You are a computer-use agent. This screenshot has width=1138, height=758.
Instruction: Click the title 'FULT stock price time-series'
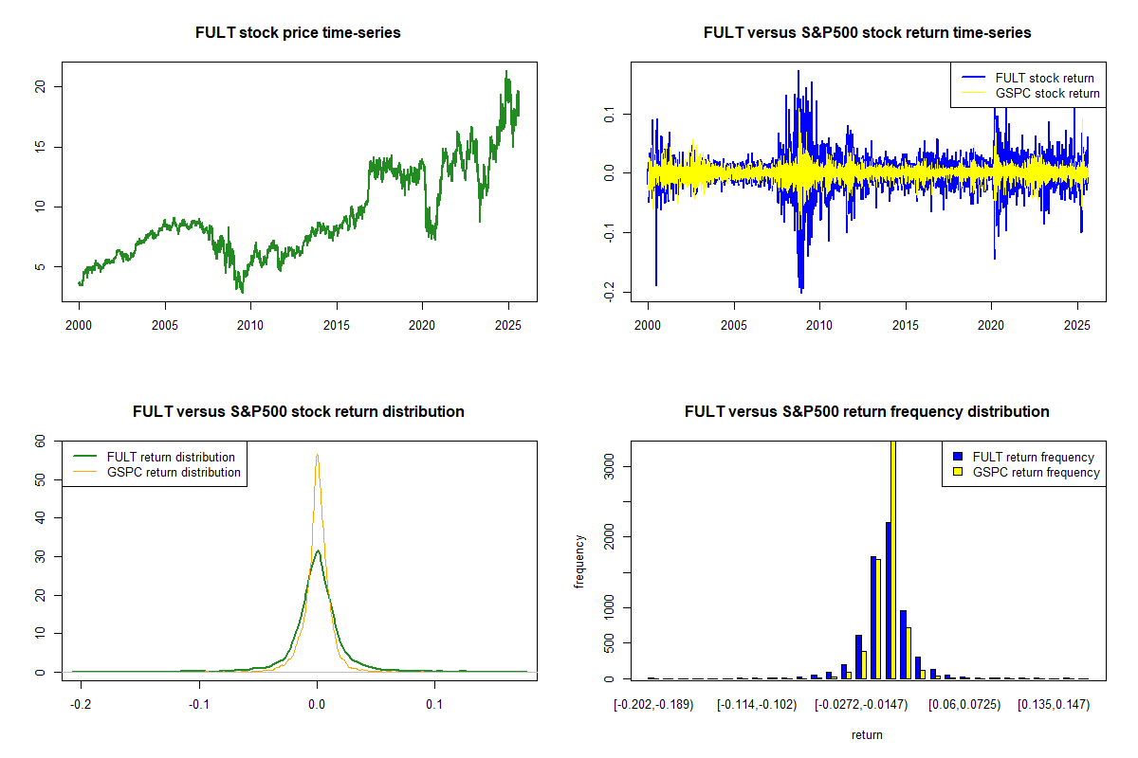298,33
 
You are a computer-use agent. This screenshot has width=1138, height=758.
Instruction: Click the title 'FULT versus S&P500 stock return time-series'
867,33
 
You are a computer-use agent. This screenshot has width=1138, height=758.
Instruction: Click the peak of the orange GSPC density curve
317,455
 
